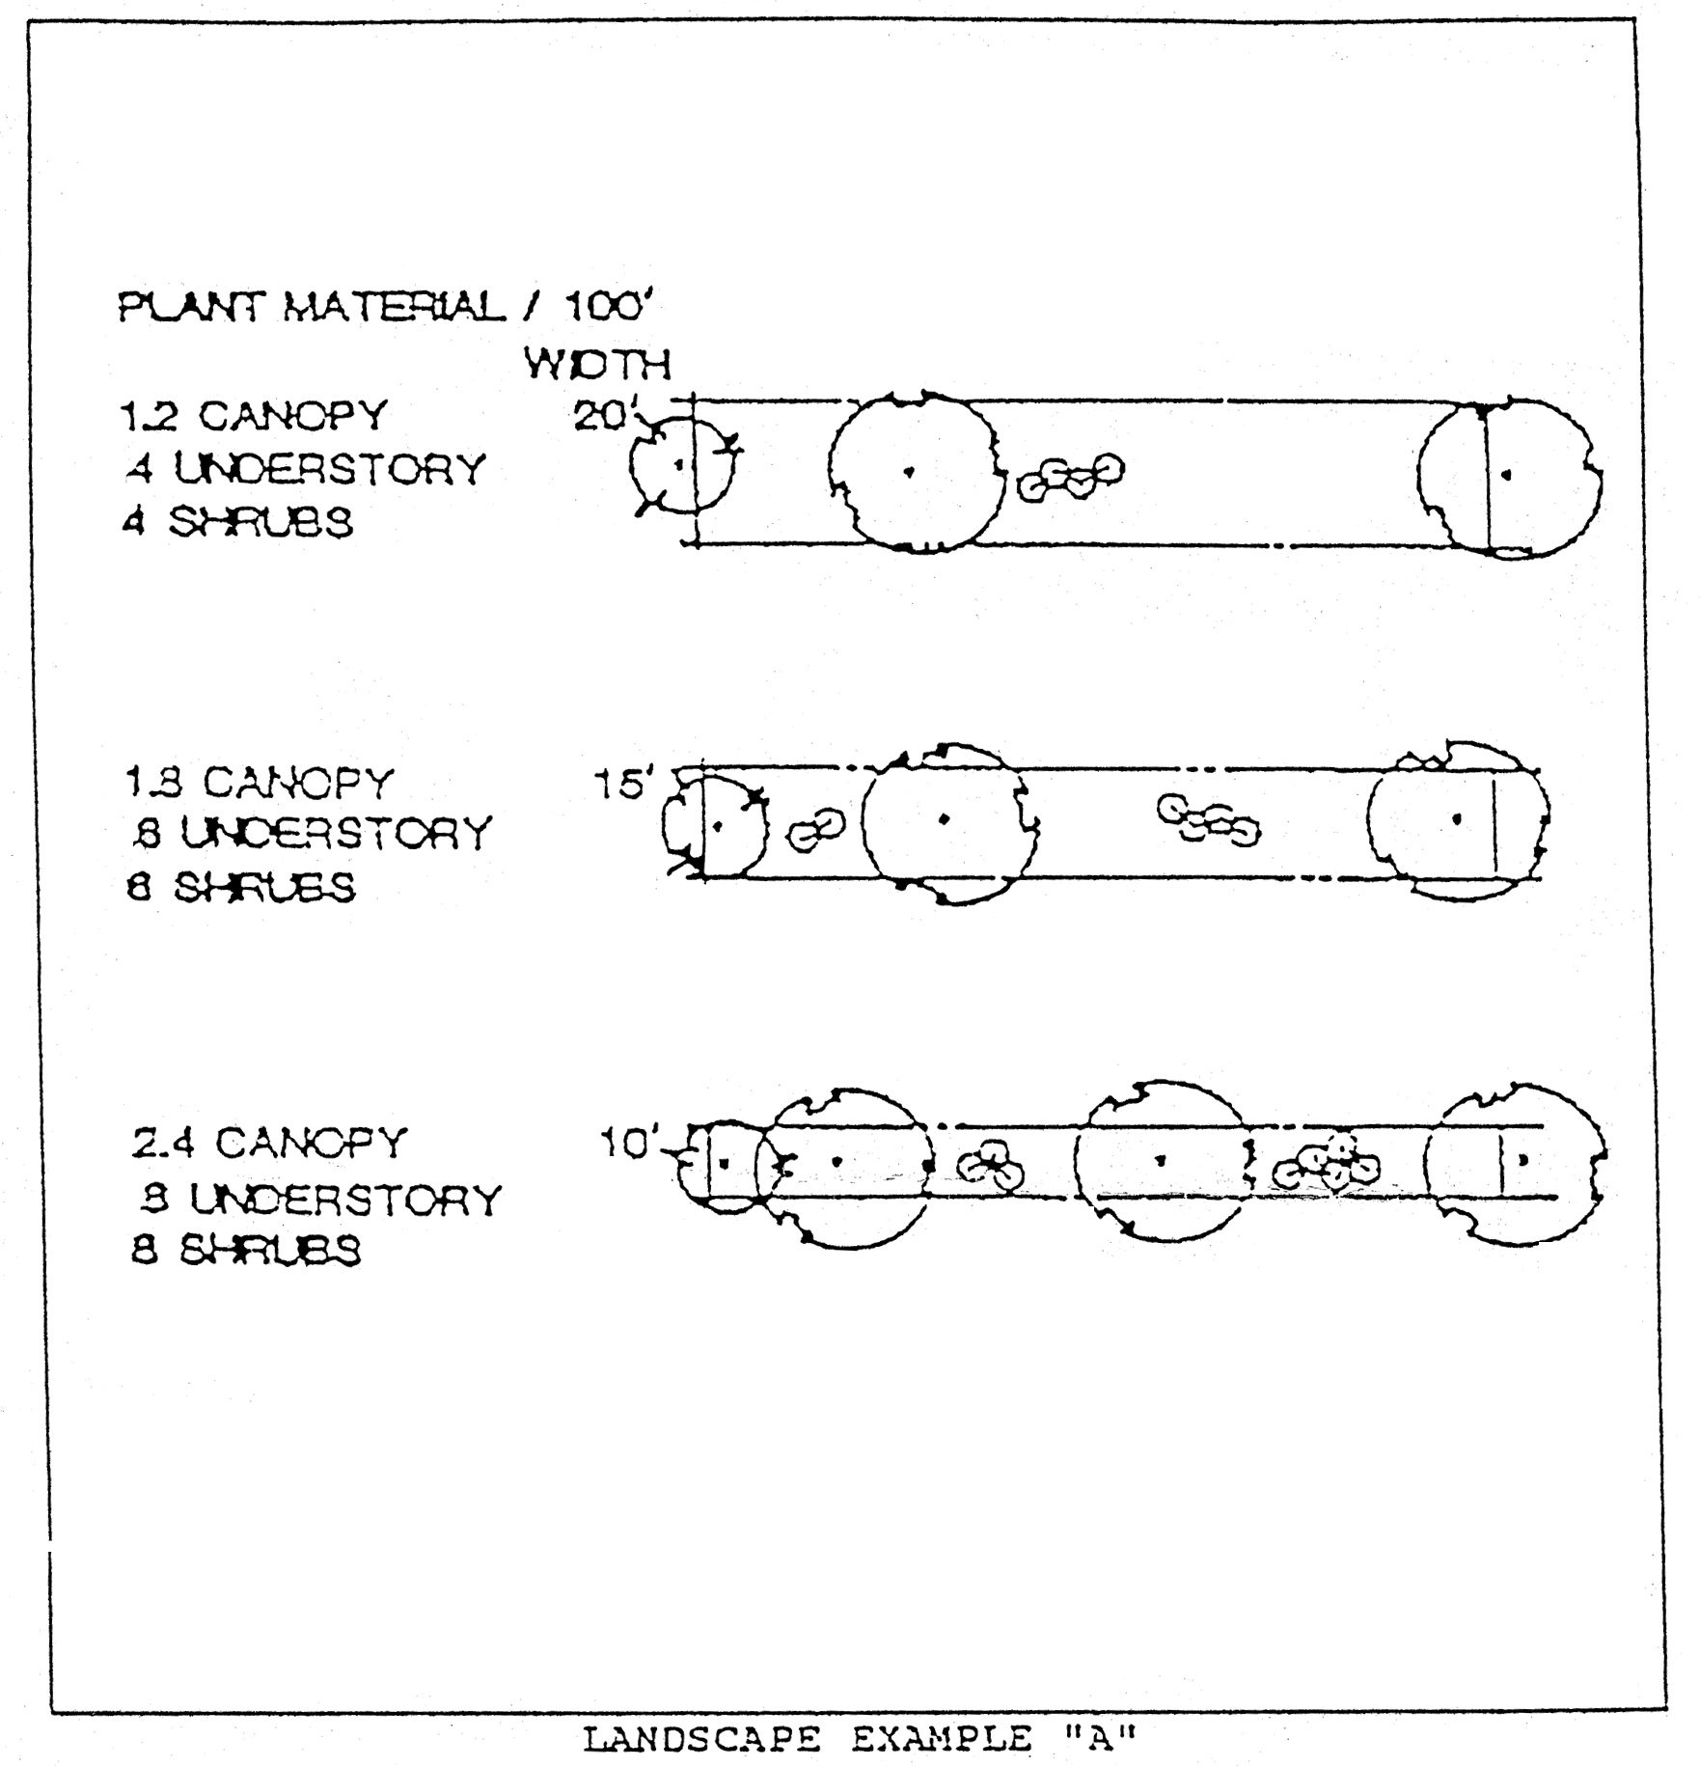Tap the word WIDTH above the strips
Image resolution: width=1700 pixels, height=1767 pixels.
click(x=597, y=365)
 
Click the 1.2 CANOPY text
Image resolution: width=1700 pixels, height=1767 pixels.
click(x=253, y=416)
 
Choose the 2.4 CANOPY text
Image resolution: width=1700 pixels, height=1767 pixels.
click(x=269, y=1143)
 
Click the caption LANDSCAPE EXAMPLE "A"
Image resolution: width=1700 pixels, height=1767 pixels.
click(x=860, y=1740)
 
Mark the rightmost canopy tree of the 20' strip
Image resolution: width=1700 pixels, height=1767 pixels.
click(x=1506, y=476)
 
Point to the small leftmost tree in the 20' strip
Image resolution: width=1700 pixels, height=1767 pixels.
click(x=680, y=466)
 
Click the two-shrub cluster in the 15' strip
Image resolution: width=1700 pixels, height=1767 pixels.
click(x=815, y=830)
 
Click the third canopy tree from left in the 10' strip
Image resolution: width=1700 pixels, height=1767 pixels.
click(x=1162, y=1162)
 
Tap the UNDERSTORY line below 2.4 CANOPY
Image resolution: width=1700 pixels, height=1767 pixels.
click(x=317, y=1200)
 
